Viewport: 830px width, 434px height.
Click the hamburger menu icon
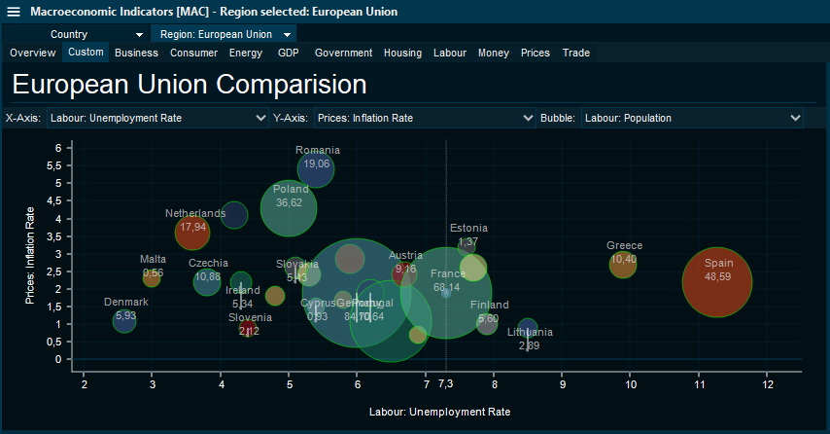(x=14, y=12)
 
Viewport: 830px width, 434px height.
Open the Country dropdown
(x=97, y=34)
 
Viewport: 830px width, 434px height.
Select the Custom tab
(x=86, y=53)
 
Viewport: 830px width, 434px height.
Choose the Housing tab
(x=402, y=53)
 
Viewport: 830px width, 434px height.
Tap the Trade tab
(x=576, y=53)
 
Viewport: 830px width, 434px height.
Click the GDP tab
(x=289, y=53)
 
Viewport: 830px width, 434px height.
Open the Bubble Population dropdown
(x=692, y=118)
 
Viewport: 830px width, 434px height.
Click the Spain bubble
(x=718, y=281)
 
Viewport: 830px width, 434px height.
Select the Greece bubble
(x=623, y=263)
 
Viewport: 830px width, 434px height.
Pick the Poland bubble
(x=289, y=206)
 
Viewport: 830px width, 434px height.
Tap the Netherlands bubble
(x=192, y=233)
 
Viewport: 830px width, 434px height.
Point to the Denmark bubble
(x=124, y=320)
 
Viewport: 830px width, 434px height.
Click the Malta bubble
(x=152, y=278)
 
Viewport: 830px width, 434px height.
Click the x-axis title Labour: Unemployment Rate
(x=439, y=412)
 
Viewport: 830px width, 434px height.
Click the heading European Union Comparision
(x=190, y=85)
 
